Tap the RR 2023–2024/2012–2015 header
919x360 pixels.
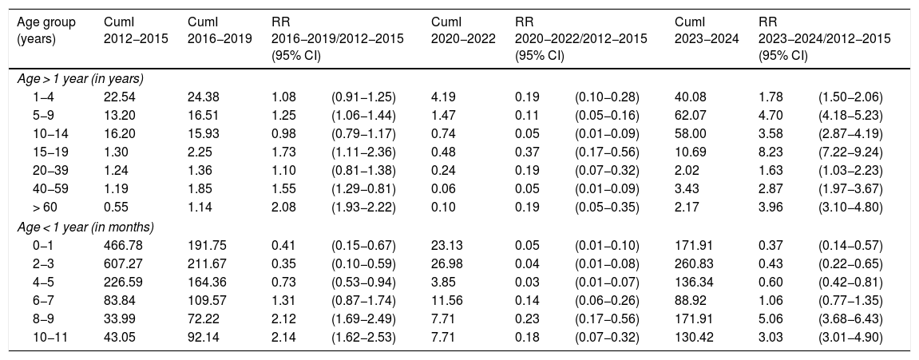(x=824, y=39)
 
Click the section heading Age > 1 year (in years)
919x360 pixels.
(x=80, y=78)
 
